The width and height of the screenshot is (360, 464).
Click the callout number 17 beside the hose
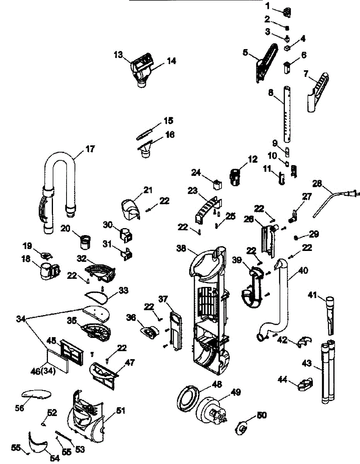coord(90,149)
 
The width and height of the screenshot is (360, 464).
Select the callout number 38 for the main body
coord(181,248)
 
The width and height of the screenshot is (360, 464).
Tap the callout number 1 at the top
coord(268,6)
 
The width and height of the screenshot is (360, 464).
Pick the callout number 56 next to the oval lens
coord(20,408)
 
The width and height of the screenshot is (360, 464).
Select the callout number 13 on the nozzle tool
coord(118,55)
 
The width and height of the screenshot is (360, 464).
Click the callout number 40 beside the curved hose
coord(303,271)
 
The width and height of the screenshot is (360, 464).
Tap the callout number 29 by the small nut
coord(314,234)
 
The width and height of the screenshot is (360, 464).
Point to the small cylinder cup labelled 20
coord(85,242)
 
